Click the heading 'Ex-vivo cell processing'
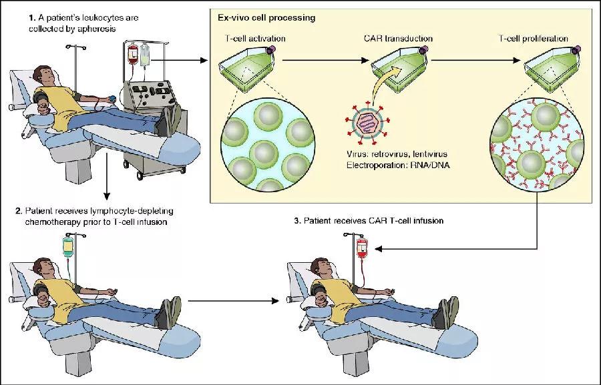coord(266,17)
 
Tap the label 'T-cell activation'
coord(255,38)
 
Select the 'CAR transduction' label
coord(398,38)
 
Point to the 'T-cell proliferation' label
coord(533,38)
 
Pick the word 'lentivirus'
coord(430,154)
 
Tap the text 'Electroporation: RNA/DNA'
coord(398,165)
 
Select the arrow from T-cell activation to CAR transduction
coord(326,60)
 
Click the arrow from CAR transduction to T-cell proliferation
coord(475,60)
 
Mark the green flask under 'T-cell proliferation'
coord(552,68)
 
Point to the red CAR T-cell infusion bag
coord(362,248)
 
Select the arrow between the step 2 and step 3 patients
coord(234,301)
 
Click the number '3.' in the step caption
coord(297,221)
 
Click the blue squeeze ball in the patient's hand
coord(112,98)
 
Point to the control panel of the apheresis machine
coord(151,94)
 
